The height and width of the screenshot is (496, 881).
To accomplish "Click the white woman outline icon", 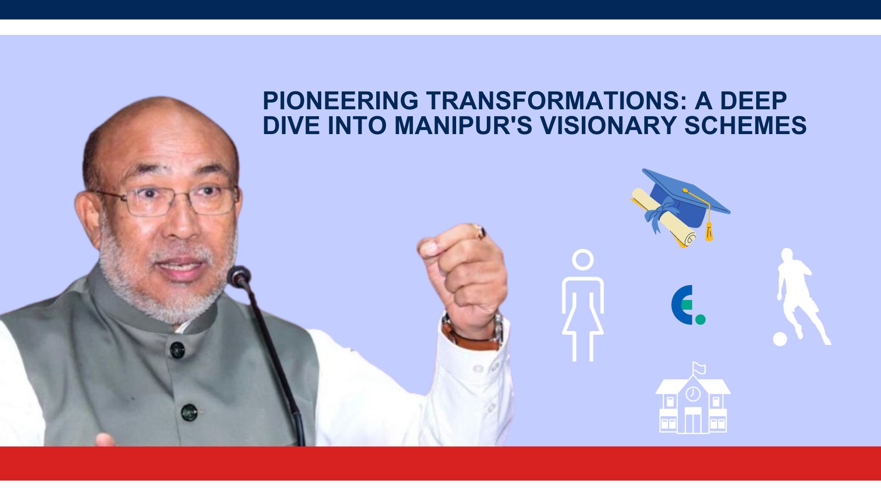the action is point(583,305).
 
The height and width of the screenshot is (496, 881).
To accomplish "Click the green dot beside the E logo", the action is point(700,319).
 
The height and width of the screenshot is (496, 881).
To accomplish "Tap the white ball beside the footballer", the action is point(780,339).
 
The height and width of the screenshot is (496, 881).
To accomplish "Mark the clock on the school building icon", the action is point(693,394).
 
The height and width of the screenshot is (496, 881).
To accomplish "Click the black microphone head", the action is point(239,276).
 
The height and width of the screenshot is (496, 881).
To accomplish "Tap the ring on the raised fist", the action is point(480,232).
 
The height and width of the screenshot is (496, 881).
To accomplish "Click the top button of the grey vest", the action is point(177,350).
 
